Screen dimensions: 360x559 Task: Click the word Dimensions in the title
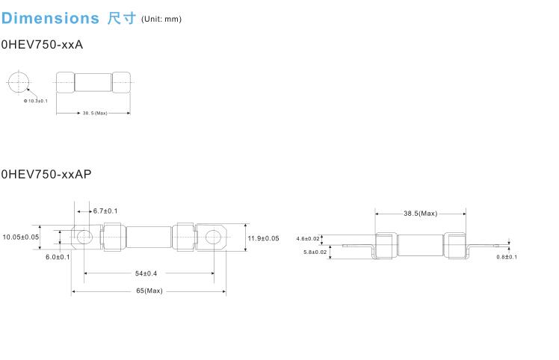[50, 18]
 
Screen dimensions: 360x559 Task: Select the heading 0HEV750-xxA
[42, 45]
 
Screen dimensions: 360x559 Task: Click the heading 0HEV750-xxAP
[46, 174]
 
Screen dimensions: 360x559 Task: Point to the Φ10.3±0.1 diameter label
[36, 100]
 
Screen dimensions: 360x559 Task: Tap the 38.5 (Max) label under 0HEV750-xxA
[95, 114]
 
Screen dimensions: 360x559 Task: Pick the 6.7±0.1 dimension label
[105, 211]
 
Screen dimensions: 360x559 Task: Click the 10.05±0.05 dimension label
[20, 237]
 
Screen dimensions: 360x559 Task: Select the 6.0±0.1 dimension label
[58, 256]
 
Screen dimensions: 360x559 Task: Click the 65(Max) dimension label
[149, 291]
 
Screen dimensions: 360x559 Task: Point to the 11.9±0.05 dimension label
[263, 238]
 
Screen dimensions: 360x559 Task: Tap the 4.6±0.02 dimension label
[307, 239]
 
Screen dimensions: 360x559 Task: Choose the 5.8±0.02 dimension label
[315, 252]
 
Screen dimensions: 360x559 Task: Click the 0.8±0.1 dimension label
[507, 256]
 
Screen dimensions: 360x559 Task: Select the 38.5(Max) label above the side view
[420, 214]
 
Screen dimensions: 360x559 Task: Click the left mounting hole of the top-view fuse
[84, 238]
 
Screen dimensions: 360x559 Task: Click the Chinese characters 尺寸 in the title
[121, 18]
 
